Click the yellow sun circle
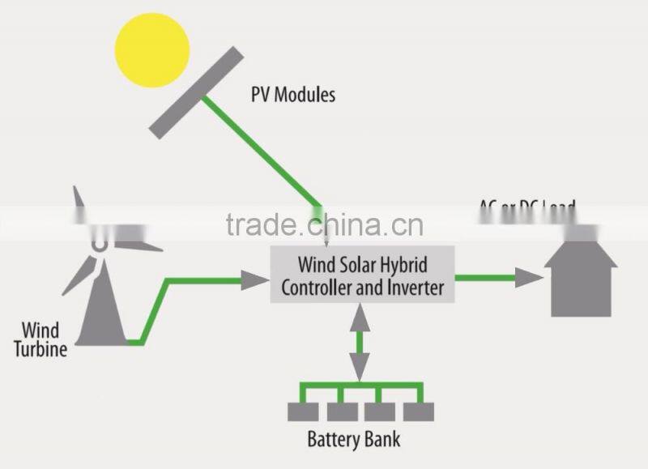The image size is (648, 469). [152, 49]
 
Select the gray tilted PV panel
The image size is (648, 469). [196, 92]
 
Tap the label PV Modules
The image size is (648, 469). [292, 95]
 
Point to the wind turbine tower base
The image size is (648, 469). [104, 324]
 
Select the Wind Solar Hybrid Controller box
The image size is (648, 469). [361, 275]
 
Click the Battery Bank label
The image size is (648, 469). [353, 441]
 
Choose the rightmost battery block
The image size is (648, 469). [418, 411]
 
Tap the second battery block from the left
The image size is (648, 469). [340, 411]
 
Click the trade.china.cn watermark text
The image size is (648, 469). [324, 224]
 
